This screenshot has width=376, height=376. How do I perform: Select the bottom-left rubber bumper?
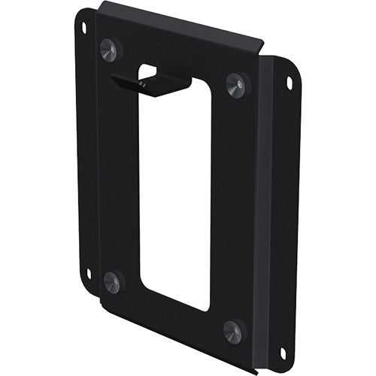112,282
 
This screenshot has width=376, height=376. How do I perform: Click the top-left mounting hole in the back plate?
83,28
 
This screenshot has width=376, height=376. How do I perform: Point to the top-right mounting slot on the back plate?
288,83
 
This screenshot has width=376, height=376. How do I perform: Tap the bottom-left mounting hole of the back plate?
89,273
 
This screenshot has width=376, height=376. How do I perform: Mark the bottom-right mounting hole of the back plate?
283,352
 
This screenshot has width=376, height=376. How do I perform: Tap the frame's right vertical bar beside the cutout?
229,203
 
